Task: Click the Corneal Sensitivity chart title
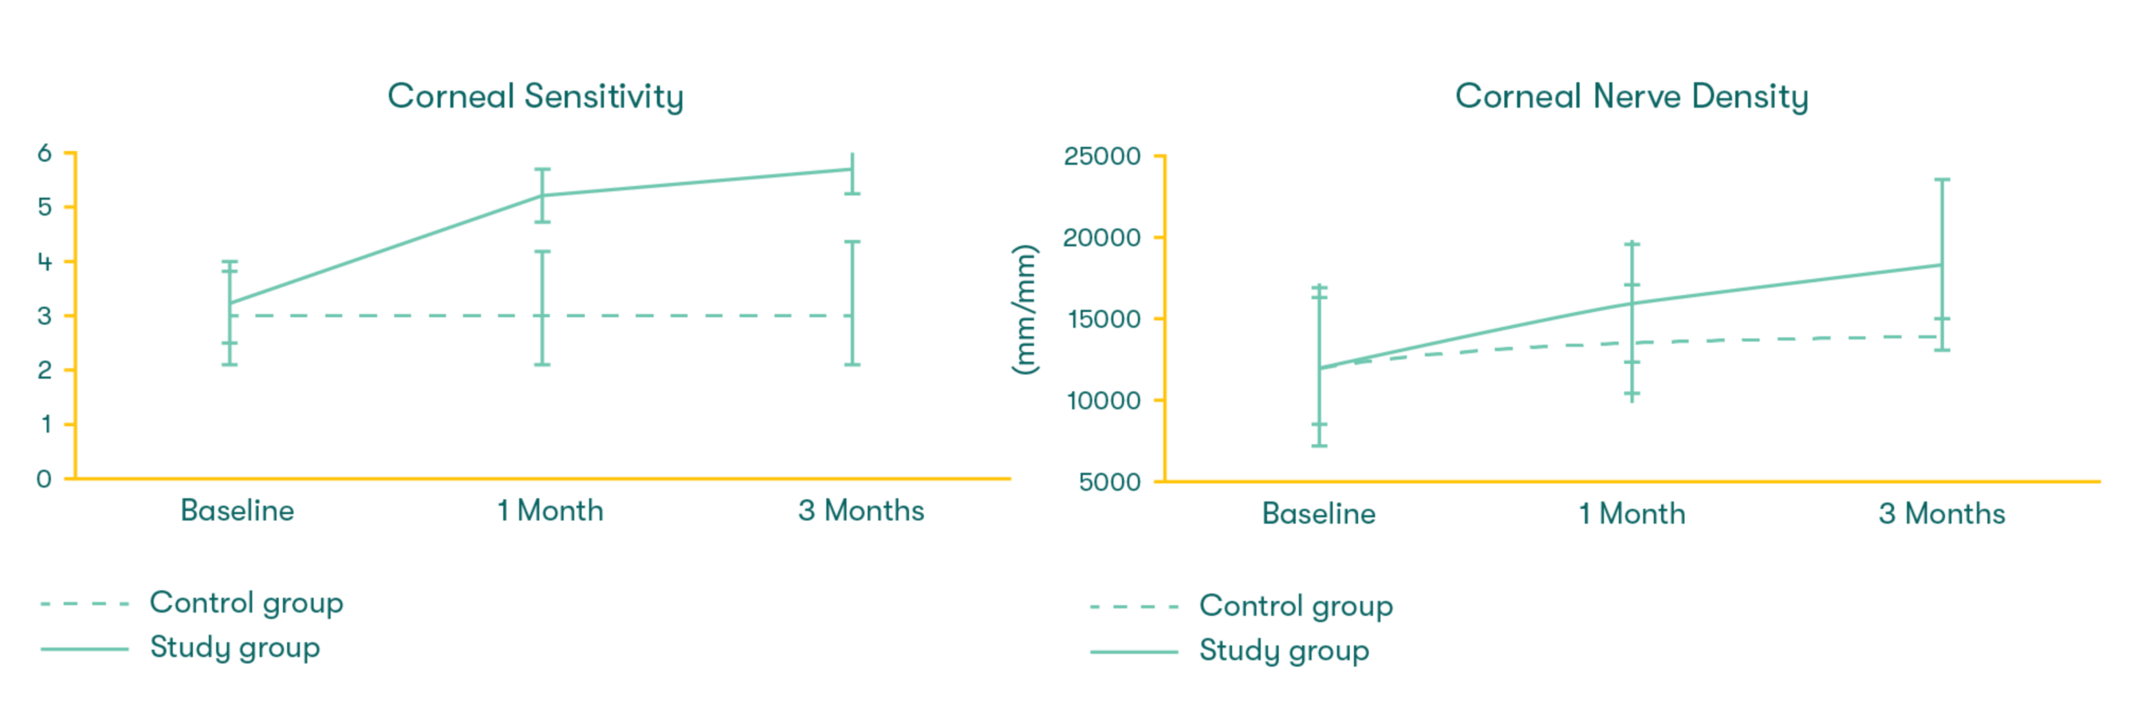tap(535, 96)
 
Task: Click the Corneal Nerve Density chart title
tap(1631, 96)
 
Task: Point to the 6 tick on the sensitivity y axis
tap(44, 153)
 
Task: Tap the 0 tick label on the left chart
tap(44, 479)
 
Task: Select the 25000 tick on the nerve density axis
tap(1101, 156)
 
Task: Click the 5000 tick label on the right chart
tap(1109, 481)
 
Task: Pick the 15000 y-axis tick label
tap(1103, 319)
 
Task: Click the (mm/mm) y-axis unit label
tap(1024, 310)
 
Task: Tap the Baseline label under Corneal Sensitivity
tap(237, 511)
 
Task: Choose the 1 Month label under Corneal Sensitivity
tap(550, 511)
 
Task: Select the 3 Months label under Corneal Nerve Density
tap(1942, 513)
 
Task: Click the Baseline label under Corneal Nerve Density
tap(1318, 513)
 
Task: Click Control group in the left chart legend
tap(246, 602)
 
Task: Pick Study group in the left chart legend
tap(235, 648)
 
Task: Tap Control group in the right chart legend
tap(1296, 606)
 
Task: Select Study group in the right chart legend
tap(1284, 651)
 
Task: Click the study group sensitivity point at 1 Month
tap(543, 195)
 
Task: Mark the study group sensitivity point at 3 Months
tap(851, 169)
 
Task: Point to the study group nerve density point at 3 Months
tap(1942, 265)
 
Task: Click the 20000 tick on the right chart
tap(1101, 238)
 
